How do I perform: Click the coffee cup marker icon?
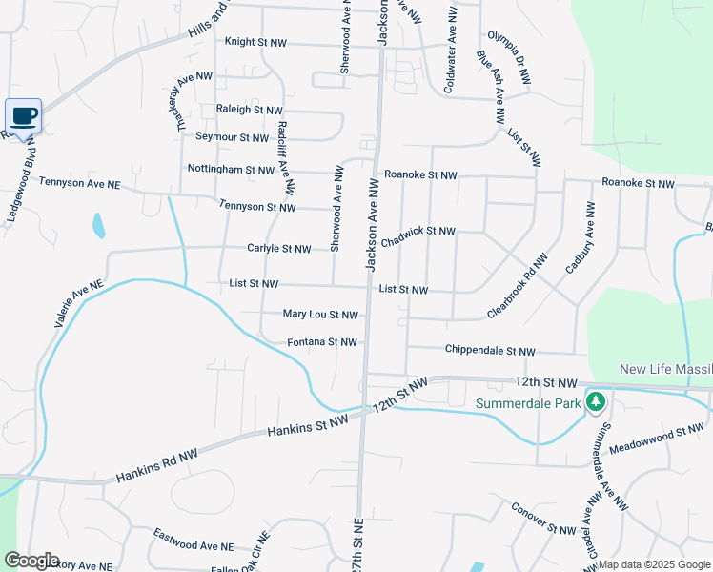tap(24, 116)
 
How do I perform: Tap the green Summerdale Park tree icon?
tap(596, 401)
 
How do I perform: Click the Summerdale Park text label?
tap(528, 403)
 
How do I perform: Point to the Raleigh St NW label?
tap(250, 111)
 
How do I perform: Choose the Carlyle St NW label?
tap(278, 249)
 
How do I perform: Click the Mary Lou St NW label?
tap(320, 314)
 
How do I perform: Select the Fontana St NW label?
tap(322, 342)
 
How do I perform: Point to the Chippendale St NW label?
tap(490, 351)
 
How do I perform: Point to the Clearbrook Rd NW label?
tap(518, 286)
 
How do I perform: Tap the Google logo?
tap(31, 560)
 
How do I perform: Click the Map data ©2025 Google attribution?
tap(654, 564)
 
